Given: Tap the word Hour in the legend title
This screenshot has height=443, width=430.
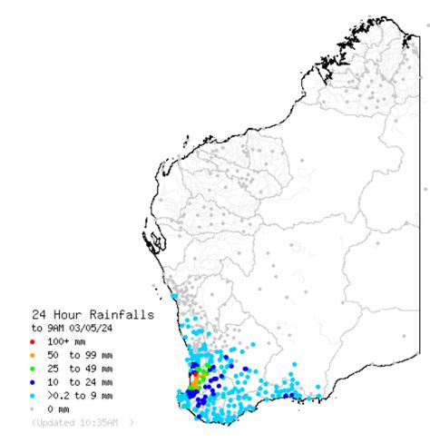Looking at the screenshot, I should tap(70, 314).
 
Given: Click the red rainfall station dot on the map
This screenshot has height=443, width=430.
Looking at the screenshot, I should tap(193, 374).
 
